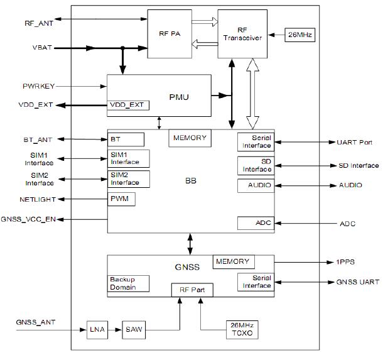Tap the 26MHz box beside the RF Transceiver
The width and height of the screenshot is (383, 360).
tap(299, 35)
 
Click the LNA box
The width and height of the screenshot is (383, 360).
tap(97, 329)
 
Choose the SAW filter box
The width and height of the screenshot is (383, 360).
tap(133, 329)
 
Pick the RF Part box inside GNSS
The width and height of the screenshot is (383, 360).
tap(192, 290)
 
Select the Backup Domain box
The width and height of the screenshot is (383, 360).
tap(129, 283)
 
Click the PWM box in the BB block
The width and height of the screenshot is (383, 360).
tap(122, 199)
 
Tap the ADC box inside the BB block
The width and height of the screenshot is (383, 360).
tap(254, 223)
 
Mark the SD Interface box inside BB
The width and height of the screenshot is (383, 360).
tap(254, 166)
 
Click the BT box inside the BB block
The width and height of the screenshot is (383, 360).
tap(126, 139)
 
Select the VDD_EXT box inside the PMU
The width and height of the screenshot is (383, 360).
tap(128, 104)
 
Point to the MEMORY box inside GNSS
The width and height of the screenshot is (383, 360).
tap(232, 261)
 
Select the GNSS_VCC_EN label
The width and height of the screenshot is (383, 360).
tap(30, 219)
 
